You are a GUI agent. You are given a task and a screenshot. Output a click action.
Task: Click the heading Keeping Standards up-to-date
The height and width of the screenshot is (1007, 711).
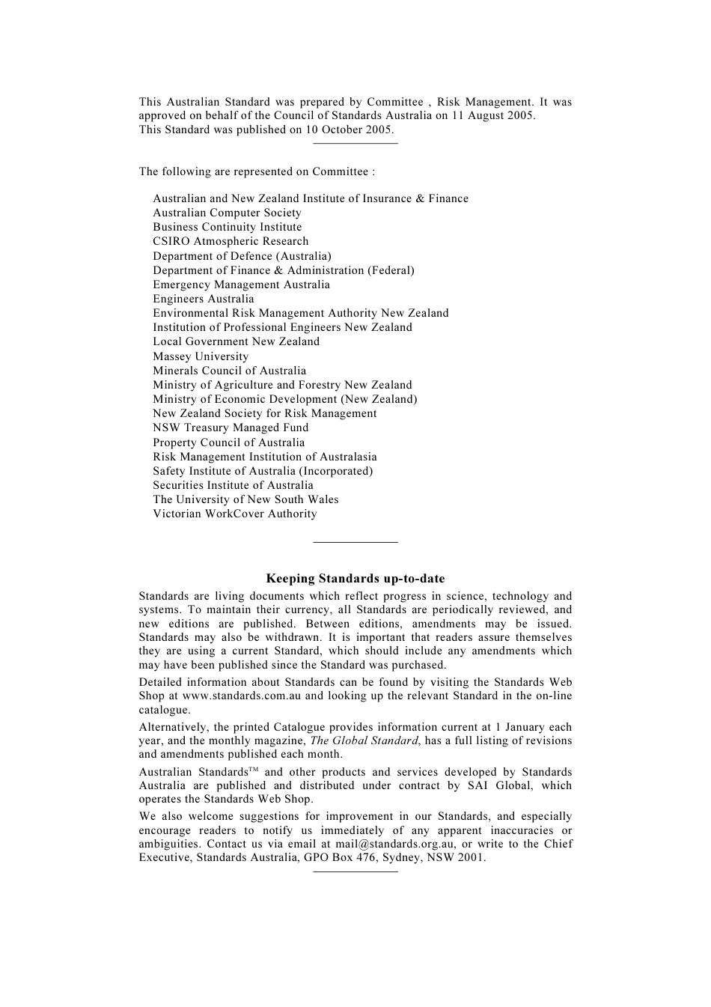pyautogui.click(x=355, y=578)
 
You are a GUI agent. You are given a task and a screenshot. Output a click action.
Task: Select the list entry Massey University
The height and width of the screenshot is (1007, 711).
pyautogui.click(x=201, y=356)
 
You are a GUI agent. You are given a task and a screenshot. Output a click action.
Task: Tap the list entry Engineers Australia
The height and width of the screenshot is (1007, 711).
pyautogui.click(x=203, y=299)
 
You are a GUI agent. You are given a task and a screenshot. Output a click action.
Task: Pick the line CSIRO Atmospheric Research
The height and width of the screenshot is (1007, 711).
pyautogui.click(x=231, y=241)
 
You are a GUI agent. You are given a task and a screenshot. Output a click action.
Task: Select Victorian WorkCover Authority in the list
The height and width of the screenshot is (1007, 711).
pyautogui.click(x=234, y=514)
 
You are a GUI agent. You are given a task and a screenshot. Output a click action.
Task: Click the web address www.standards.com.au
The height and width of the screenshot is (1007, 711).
pyautogui.click(x=242, y=696)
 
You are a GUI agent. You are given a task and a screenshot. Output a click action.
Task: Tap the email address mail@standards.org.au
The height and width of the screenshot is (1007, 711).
pyautogui.click(x=395, y=844)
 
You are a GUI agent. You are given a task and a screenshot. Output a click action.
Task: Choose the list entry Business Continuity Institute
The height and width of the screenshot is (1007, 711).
pyautogui.click(x=227, y=227)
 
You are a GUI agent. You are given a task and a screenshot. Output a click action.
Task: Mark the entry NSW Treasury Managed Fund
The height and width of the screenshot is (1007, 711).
pyautogui.click(x=231, y=428)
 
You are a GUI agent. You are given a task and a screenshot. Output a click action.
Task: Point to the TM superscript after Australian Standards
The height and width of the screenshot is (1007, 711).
pyautogui.click(x=253, y=770)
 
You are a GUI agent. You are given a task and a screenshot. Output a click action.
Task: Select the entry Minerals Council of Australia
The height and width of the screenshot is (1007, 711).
pyautogui.click(x=229, y=371)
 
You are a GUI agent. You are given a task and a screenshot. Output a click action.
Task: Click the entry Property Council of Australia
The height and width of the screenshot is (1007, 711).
pyautogui.click(x=228, y=442)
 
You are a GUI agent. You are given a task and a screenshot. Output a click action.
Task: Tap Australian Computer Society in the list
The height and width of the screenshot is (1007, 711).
pyautogui.click(x=227, y=213)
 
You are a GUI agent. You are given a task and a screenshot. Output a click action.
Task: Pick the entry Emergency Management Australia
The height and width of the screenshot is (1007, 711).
pyautogui.click(x=241, y=285)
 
